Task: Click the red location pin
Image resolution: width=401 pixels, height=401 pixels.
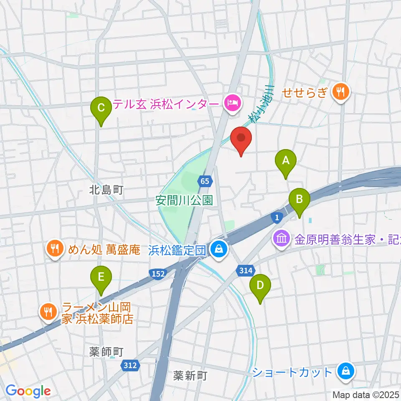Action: pyautogui.click(x=241, y=140)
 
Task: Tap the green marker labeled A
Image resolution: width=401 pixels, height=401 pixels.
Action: pyautogui.click(x=286, y=161)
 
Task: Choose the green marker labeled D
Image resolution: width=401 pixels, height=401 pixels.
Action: pyautogui.click(x=260, y=287)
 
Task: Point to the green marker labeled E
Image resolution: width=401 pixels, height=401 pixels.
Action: pyautogui.click(x=101, y=278)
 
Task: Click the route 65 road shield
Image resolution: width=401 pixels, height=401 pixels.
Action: pyautogui.click(x=204, y=181)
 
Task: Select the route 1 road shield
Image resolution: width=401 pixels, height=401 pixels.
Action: pyautogui.click(x=277, y=216)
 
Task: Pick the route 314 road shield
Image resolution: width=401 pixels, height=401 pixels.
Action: pyautogui.click(x=246, y=271)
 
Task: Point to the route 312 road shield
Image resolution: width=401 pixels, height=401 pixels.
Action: pyautogui.click(x=130, y=365)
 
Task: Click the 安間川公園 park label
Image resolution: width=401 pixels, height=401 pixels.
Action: pyautogui.click(x=184, y=200)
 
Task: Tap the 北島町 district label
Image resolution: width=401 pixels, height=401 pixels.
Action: pyautogui.click(x=107, y=190)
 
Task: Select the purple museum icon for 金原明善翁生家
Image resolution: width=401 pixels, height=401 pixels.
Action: pyautogui.click(x=281, y=239)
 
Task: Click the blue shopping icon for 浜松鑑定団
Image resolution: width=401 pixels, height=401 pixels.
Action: pyautogui.click(x=218, y=250)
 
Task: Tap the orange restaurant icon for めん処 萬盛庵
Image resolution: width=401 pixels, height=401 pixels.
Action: pyautogui.click(x=54, y=250)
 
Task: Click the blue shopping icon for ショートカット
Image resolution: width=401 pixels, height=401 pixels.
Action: pyautogui.click(x=346, y=371)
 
